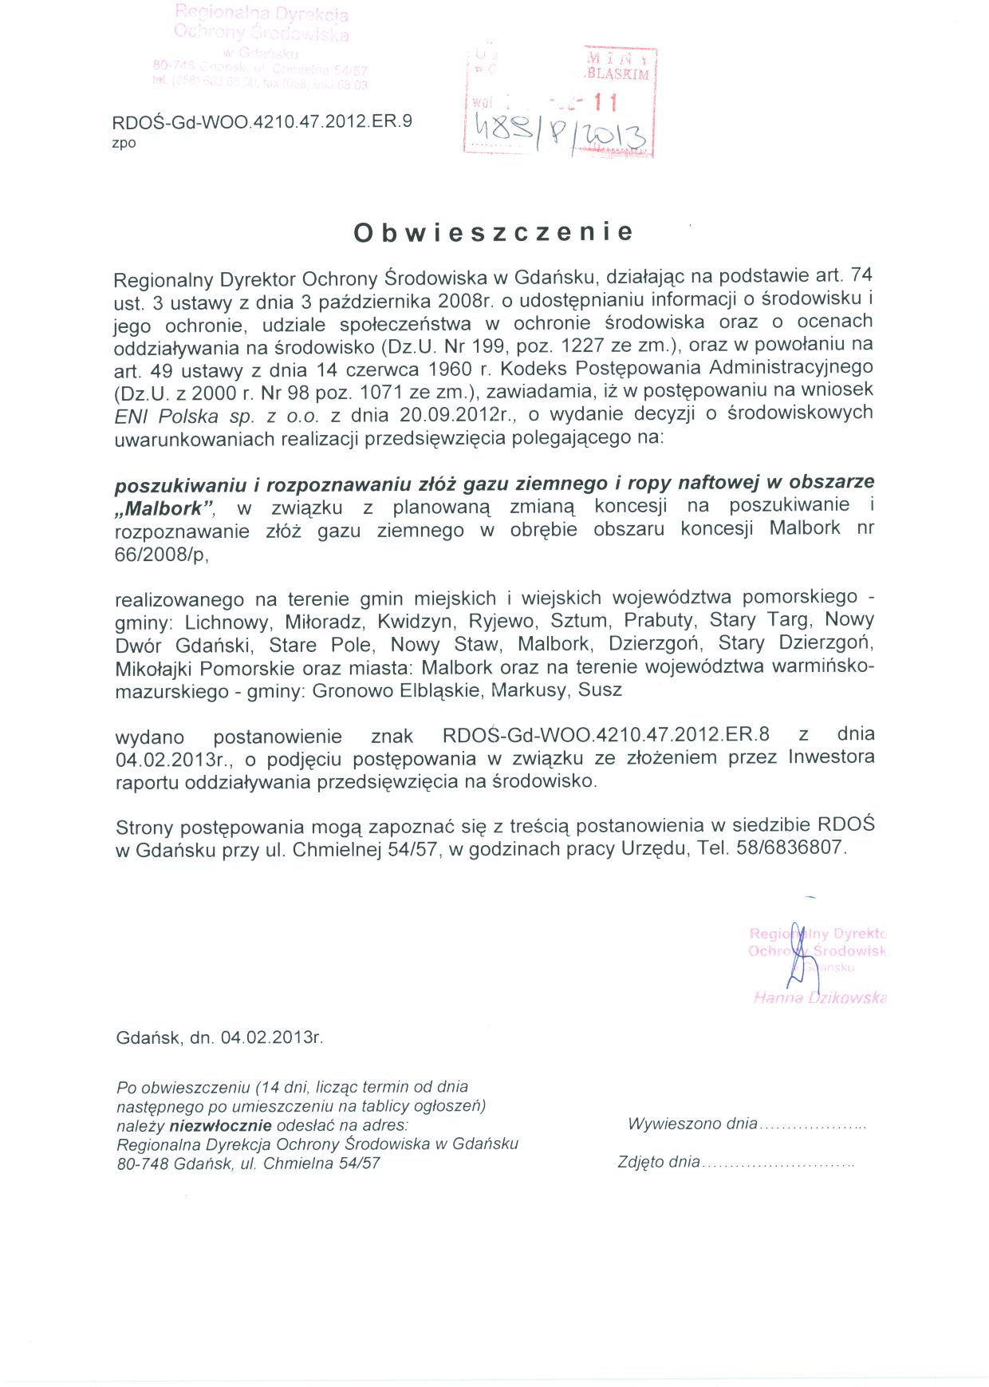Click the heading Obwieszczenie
pyautogui.click(x=494, y=232)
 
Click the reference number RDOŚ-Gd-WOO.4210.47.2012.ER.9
pyautogui.click(x=262, y=122)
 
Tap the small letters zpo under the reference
pyautogui.click(x=124, y=144)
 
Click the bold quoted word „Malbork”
pyautogui.click(x=165, y=508)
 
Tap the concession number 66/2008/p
pyautogui.click(x=161, y=555)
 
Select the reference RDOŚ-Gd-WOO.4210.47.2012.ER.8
pyautogui.click(x=606, y=735)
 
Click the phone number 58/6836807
pyautogui.click(x=790, y=848)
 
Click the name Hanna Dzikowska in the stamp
pyautogui.click(x=820, y=998)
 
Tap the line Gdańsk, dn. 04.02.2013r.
pyautogui.click(x=219, y=1038)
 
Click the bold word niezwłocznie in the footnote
pyautogui.click(x=220, y=1126)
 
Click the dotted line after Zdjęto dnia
pyautogui.click(x=778, y=1164)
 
